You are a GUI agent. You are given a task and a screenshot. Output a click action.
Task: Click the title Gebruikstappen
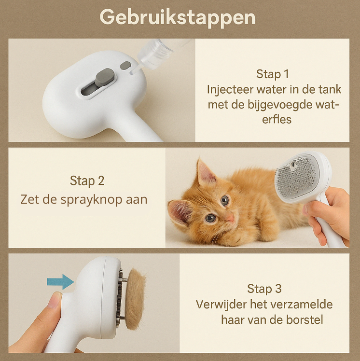coord(177,17)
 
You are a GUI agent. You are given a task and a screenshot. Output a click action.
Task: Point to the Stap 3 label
coord(264,289)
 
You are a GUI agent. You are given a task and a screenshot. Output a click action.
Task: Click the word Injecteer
coord(229,89)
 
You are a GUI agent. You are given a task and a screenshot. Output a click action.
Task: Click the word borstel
coord(305,319)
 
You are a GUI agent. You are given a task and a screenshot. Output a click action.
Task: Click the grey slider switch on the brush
coord(105,77)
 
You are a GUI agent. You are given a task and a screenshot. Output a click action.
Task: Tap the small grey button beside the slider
coord(125,65)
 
